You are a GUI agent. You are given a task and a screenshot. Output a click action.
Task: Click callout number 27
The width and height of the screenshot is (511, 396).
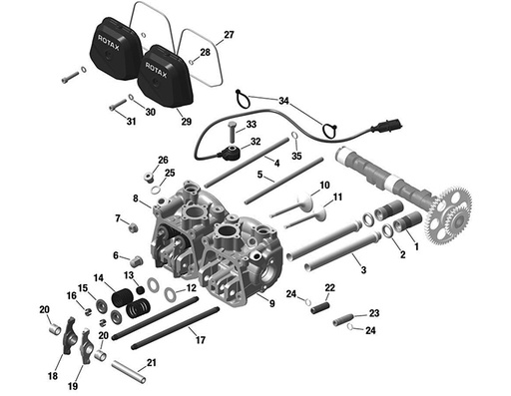(x=229, y=35)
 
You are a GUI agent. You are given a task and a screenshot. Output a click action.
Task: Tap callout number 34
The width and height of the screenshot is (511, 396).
(x=283, y=102)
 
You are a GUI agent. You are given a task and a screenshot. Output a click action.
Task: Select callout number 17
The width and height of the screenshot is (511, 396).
(x=202, y=341)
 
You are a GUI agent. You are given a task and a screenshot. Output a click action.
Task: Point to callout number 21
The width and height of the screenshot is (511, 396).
(x=152, y=363)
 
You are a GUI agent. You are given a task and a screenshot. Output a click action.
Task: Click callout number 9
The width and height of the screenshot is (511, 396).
(x=271, y=301)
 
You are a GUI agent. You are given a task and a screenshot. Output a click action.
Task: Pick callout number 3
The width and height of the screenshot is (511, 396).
(x=362, y=270)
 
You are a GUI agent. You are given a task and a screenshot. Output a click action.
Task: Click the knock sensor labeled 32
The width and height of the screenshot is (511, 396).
(x=233, y=154)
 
